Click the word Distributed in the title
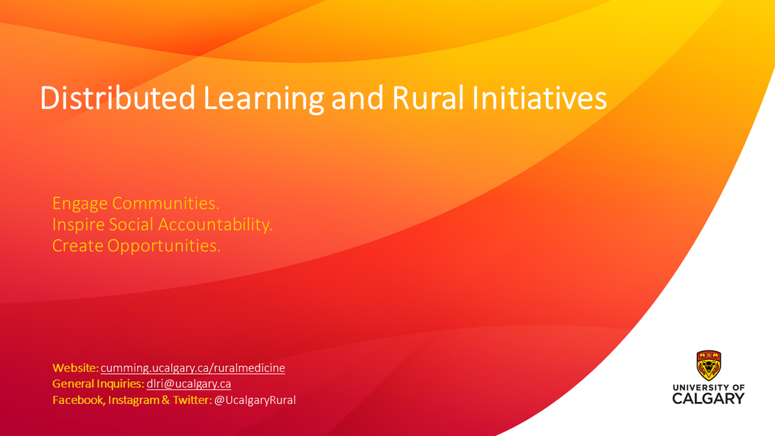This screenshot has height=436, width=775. coord(118,98)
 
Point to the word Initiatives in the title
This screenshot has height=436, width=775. coord(539,98)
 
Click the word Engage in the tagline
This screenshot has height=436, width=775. coord(80,204)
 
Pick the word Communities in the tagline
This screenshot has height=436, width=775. coord(166,203)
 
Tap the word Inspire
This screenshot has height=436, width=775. coord(78,225)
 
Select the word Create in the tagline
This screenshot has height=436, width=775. coord(77,246)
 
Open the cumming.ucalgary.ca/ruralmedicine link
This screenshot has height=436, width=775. coord(193,368)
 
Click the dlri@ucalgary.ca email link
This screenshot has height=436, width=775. coord(189,384)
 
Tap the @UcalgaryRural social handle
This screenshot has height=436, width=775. coord(255,400)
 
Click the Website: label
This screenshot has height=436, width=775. coord(75,368)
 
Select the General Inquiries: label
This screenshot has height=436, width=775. coord(99,384)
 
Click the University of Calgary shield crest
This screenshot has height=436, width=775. coord(709,365)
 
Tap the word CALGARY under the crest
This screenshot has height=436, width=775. coord(708,399)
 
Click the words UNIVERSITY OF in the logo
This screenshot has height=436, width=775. coord(709,388)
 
